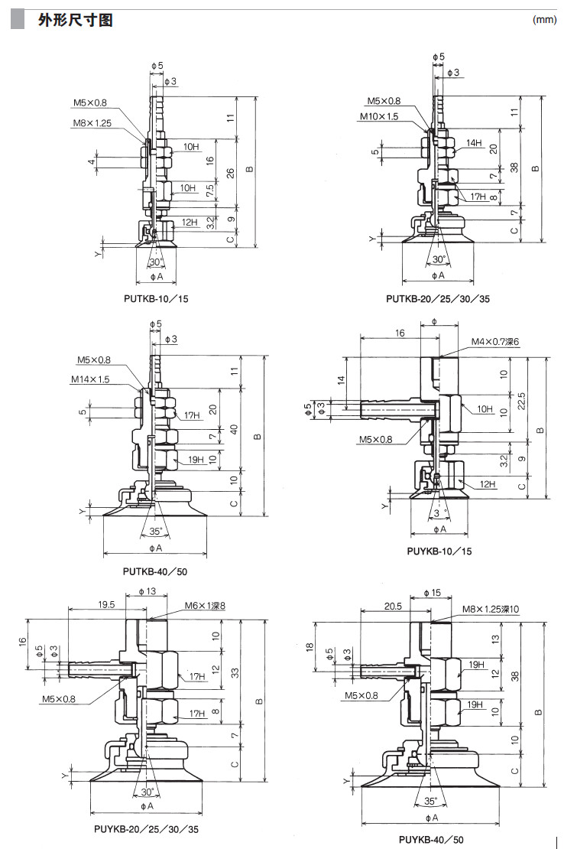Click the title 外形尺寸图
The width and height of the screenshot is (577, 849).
click(76, 21)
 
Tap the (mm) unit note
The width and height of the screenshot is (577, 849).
click(543, 21)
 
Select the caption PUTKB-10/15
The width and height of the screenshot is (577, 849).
click(155, 298)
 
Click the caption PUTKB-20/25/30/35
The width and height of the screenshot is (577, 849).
click(438, 298)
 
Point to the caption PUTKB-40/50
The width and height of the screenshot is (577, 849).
click(155, 571)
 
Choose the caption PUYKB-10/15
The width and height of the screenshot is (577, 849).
click(439, 551)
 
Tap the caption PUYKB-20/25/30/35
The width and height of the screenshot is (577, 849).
click(147, 828)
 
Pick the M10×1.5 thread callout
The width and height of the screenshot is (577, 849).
click(379, 116)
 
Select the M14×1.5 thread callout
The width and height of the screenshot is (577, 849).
click(91, 379)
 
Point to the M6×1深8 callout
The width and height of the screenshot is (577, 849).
click(205, 606)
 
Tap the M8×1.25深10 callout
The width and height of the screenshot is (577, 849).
click(490, 609)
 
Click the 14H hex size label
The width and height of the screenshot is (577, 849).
click(474, 143)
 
